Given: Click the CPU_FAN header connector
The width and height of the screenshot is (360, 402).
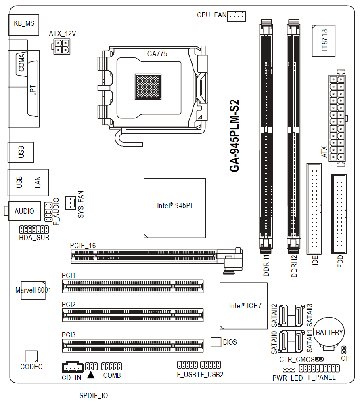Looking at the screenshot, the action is point(237,17).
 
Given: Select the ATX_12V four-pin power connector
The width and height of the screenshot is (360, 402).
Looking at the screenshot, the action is point(61,46).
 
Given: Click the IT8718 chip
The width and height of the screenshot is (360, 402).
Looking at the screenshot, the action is point(323,40).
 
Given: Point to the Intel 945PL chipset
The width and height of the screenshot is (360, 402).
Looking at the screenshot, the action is point(175,208).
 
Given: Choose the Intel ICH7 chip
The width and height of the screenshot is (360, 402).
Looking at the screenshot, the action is point(243,306).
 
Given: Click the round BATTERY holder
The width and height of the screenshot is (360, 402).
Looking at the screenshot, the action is point(329,334).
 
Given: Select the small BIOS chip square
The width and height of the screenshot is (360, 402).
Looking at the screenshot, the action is point(216,342).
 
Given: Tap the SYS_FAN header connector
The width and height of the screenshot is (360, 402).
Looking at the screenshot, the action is point(70,203).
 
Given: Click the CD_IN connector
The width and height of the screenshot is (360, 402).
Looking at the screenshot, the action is point(73,367).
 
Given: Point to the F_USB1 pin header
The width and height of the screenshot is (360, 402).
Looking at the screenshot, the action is point(187,364).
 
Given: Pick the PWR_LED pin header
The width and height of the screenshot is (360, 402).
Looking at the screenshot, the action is point(289,370).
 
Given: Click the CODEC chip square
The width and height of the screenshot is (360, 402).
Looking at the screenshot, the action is point(31,356).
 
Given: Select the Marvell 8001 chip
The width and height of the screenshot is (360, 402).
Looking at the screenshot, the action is point(33,290).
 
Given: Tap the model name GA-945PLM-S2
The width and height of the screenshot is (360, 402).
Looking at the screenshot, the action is point(234,136).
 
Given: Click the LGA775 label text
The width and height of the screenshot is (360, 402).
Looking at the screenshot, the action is point(155,54).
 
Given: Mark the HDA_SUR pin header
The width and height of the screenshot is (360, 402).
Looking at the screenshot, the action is point(34,229).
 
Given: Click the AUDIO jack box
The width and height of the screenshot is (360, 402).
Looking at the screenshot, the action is point(25,211).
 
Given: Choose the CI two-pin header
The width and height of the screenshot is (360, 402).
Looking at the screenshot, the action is point(344,350).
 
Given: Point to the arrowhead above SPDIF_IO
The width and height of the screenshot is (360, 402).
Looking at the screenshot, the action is point(91,375).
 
